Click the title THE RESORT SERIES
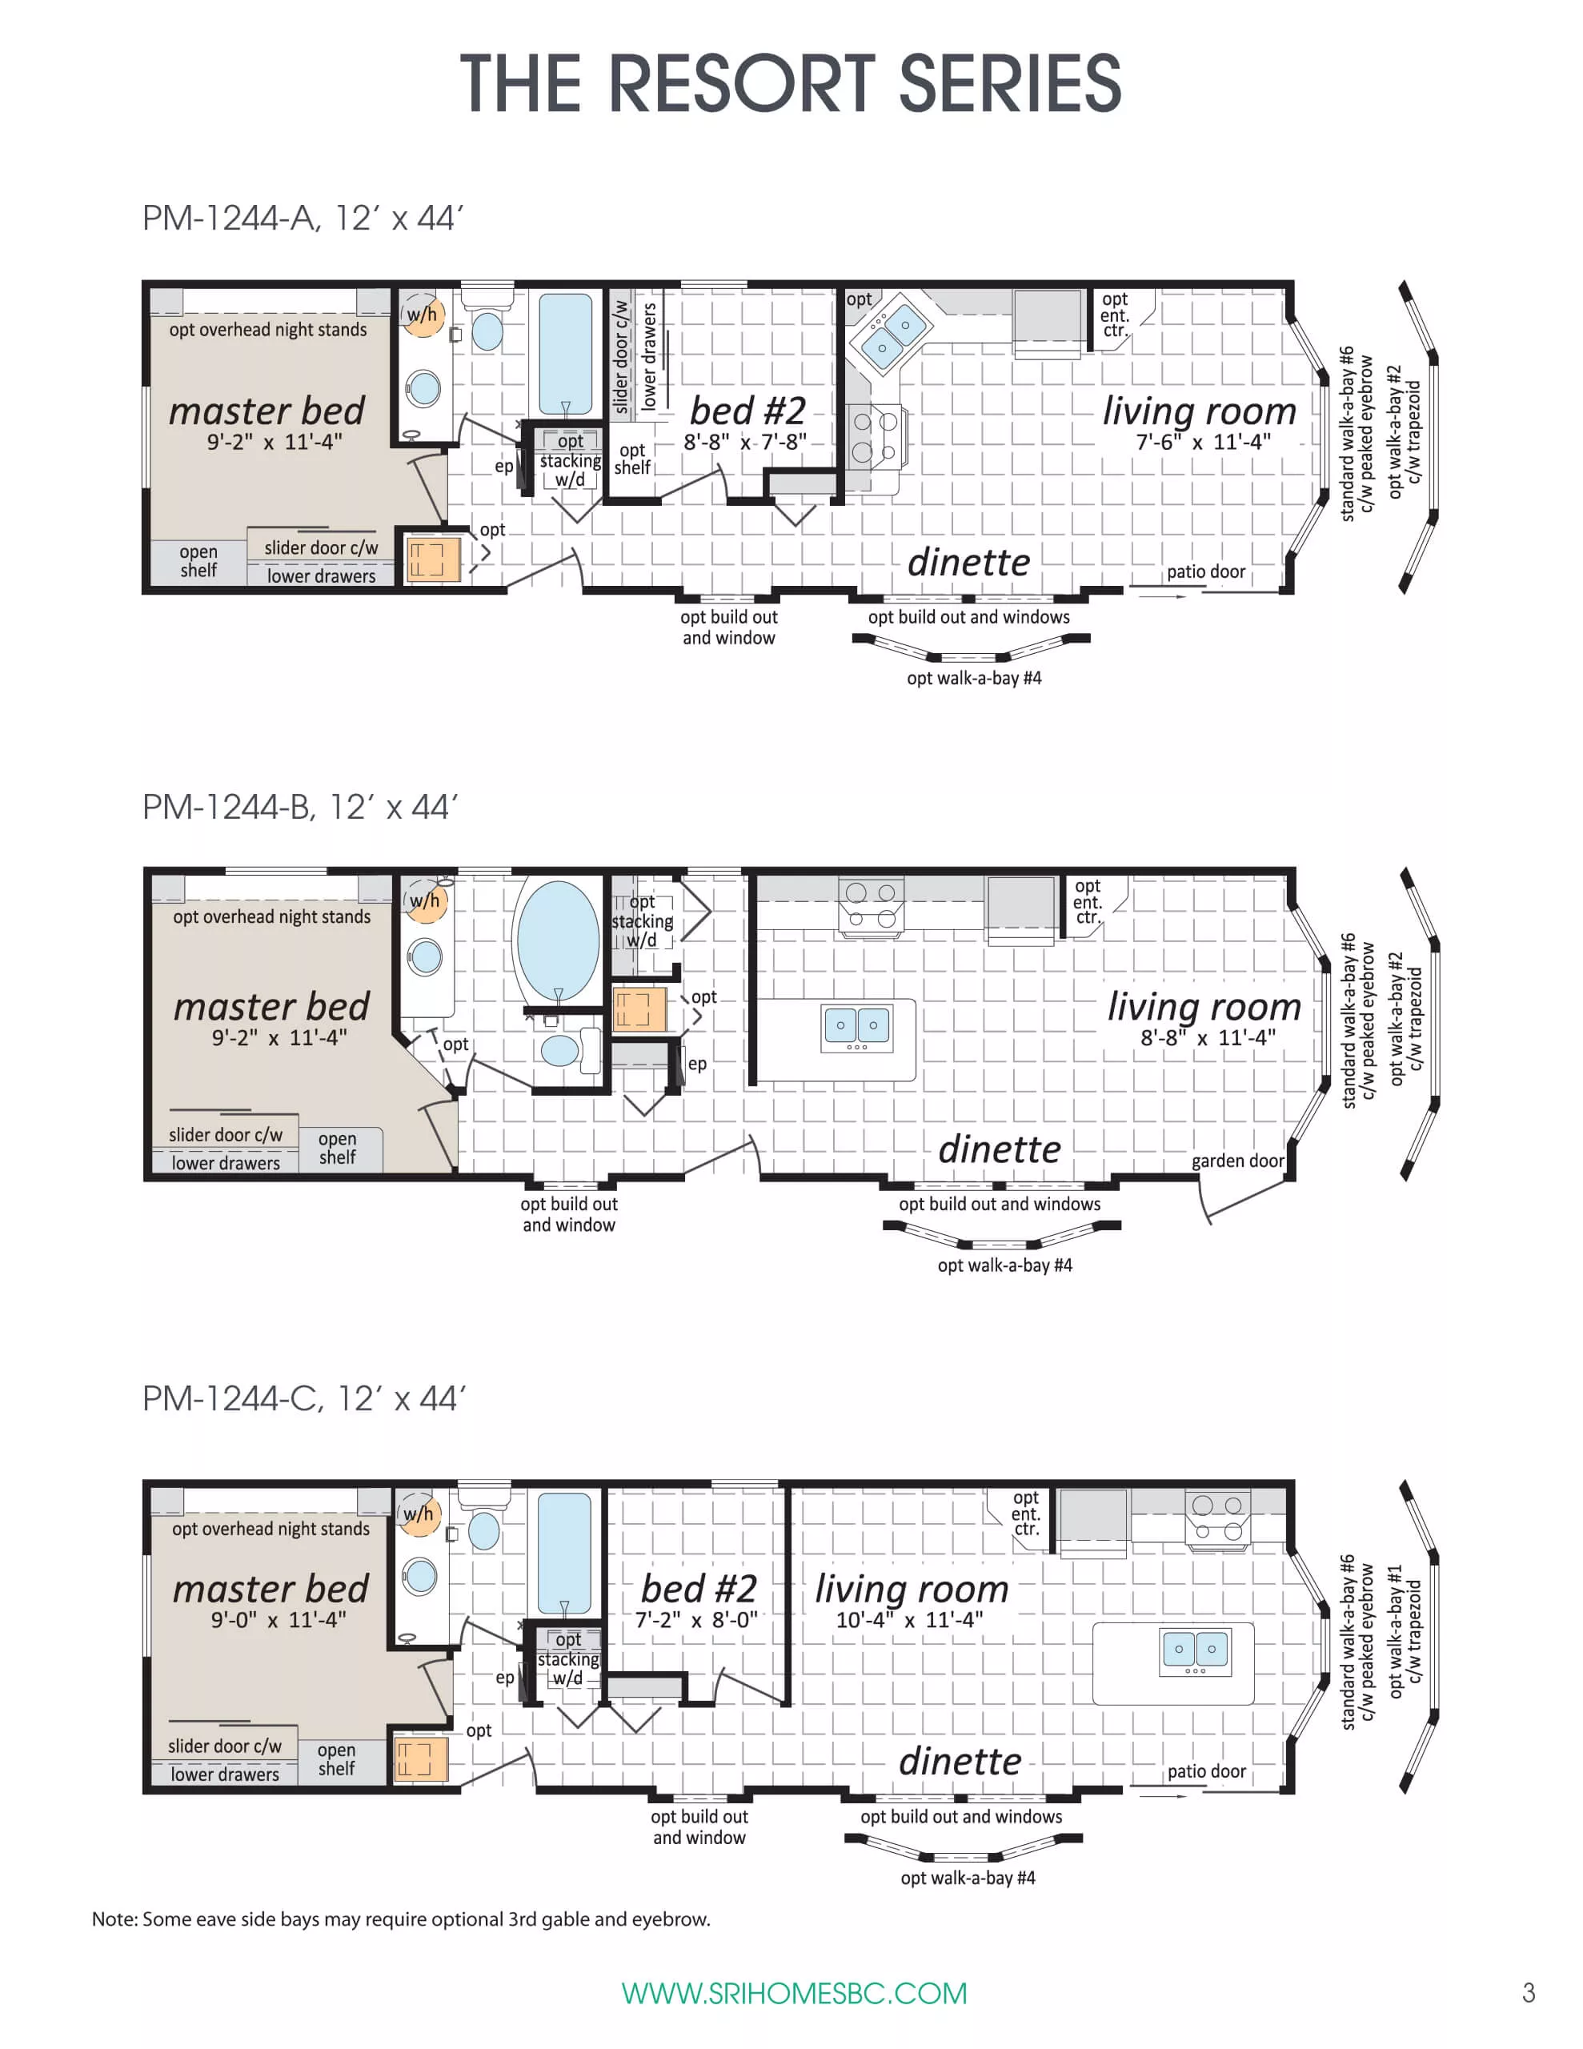[x=790, y=83]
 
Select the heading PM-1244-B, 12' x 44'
[x=299, y=807]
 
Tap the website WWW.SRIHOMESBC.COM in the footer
[x=794, y=1993]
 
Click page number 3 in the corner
[x=1528, y=1991]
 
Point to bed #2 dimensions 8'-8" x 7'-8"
[x=744, y=442]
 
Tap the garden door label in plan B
[x=1236, y=1161]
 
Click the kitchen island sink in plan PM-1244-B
[x=856, y=1026]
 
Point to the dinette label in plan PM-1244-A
[x=968, y=562]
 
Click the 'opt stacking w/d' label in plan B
[x=642, y=920]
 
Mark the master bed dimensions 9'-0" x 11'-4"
[x=278, y=1619]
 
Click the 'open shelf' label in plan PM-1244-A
[x=198, y=561]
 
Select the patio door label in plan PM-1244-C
[x=1206, y=1771]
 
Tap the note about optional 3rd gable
[x=401, y=1919]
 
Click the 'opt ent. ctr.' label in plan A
[x=1114, y=315]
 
